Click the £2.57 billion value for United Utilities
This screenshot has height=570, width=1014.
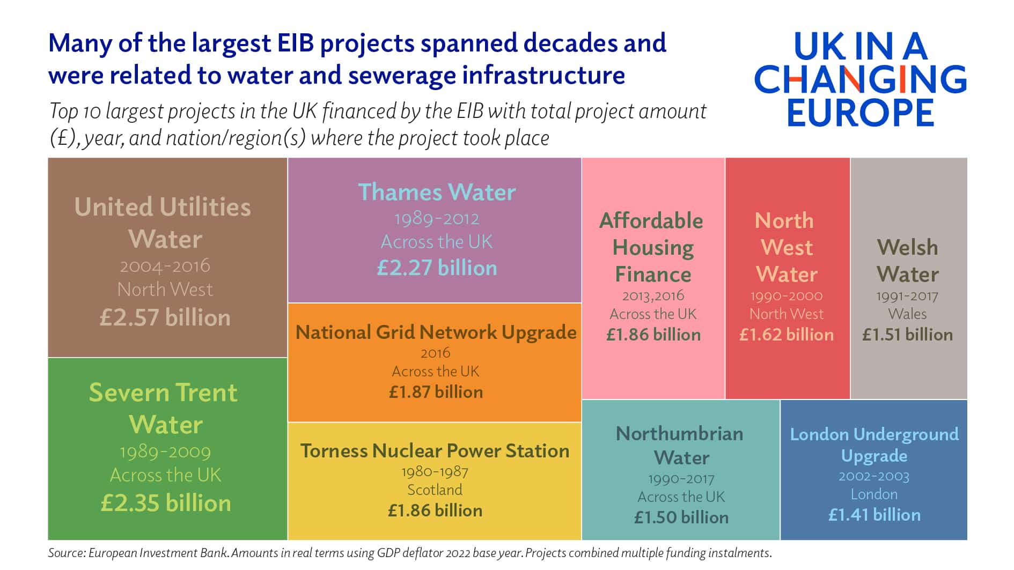click(x=165, y=317)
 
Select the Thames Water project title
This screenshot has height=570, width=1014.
click(x=437, y=192)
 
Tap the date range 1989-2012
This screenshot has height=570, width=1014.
click(x=437, y=219)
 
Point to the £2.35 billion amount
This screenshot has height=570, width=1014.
click(x=166, y=503)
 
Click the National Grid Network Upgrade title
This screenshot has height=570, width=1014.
click(x=436, y=332)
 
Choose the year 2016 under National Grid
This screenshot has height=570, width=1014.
click(x=435, y=353)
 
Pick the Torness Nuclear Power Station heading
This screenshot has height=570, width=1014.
click(x=435, y=450)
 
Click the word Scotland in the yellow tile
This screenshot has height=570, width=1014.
click(x=435, y=490)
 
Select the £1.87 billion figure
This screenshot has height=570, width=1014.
click(x=436, y=392)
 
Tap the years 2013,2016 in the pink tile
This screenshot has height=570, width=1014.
click(x=653, y=295)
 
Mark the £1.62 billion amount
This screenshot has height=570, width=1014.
click(x=787, y=335)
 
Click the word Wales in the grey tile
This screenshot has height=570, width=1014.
click(x=907, y=314)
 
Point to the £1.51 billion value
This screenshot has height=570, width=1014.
click(x=907, y=335)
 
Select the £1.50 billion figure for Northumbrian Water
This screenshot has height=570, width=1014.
click(x=681, y=517)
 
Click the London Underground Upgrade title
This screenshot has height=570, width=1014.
click(x=874, y=445)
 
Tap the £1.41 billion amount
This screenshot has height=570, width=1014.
click(x=874, y=515)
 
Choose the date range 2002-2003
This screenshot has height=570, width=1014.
click(x=874, y=476)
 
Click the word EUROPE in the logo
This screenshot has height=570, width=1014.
click(x=861, y=113)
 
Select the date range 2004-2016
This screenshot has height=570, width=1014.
click(x=165, y=265)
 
